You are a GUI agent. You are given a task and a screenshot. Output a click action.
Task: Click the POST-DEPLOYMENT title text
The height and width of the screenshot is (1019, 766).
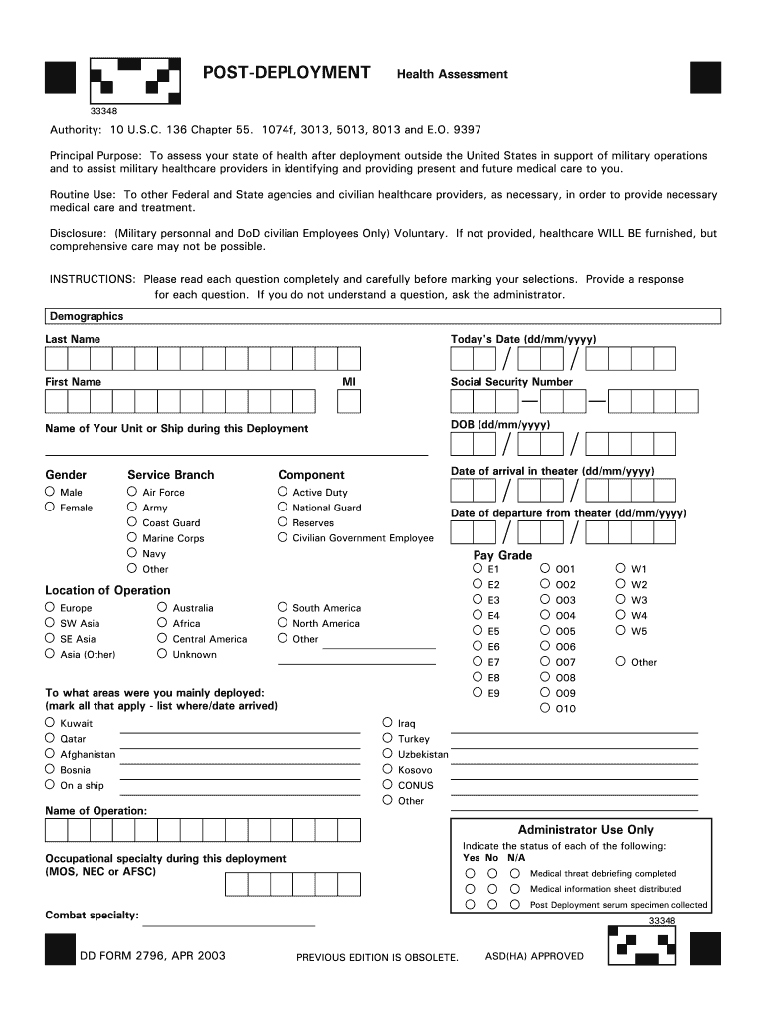click(x=287, y=73)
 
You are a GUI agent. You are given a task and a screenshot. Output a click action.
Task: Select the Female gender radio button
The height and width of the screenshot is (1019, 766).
click(x=50, y=507)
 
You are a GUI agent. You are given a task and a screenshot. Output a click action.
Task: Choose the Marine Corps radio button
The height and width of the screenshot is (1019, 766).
click(x=132, y=537)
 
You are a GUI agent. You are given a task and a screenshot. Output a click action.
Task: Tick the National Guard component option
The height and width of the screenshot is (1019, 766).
click(x=283, y=507)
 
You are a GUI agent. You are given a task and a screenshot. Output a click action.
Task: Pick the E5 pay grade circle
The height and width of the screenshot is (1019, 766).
click(x=479, y=630)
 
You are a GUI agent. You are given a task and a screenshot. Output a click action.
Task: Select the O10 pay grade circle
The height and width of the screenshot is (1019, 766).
click(x=545, y=708)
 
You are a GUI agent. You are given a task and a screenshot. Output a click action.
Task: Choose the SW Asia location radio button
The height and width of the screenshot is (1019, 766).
click(x=50, y=622)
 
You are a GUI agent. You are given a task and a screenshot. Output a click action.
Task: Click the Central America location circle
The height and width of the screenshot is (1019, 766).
click(x=162, y=638)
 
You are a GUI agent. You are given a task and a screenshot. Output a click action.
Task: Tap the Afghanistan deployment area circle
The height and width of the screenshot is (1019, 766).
click(x=50, y=753)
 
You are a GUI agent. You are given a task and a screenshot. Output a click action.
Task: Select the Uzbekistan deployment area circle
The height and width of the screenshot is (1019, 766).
click(x=388, y=753)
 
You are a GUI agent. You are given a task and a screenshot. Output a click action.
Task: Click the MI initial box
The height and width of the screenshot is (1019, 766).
click(x=349, y=400)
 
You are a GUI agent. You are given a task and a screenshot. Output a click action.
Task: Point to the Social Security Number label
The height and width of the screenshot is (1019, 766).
click(x=511, y=382)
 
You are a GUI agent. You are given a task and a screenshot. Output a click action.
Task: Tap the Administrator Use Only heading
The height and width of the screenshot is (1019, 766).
click(x=585, y=829)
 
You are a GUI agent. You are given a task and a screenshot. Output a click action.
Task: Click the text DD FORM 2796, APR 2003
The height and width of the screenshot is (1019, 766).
click(x=153, y=956)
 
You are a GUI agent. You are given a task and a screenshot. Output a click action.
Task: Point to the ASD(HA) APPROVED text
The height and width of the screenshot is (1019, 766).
click(x=534, y=956)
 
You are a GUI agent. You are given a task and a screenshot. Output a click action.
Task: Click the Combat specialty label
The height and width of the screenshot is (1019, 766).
click(x=92, y=915)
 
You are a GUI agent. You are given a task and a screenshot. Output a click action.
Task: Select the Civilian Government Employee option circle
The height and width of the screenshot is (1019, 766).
click(x=283, y=537)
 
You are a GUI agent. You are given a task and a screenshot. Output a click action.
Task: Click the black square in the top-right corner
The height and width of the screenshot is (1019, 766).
click(x=705, y=76)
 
